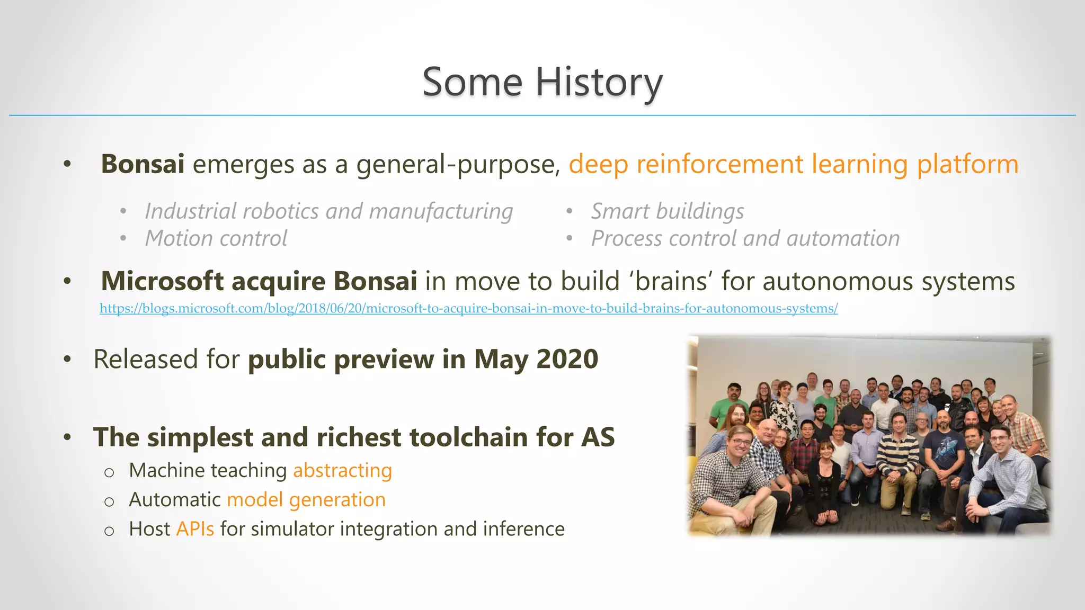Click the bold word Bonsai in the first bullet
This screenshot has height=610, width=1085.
click(143, 164)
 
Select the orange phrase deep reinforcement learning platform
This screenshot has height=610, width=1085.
click(793, 164)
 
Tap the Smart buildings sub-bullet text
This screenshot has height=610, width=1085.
click(668, 211)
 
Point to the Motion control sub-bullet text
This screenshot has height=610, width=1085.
click(216, 238)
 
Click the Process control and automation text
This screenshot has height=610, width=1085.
click(745, 238)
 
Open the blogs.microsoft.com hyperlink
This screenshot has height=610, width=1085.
click(468, 308)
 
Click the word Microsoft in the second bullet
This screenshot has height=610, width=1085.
click(162, 281)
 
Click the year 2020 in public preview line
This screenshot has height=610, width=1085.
click(567, 359)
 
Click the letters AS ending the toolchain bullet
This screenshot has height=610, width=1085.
click(598, 437)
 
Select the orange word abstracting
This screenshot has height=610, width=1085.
click(342, 470)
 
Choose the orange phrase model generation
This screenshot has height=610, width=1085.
click(306, 499)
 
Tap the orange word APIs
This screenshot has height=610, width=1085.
click(195, 529)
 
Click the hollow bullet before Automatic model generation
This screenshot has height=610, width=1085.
click(109, 501)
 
